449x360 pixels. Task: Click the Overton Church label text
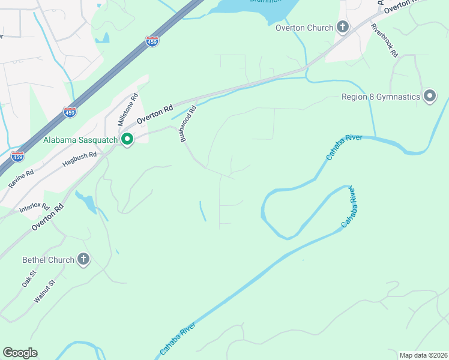pos(304,27)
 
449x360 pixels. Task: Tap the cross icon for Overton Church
pos(343,27)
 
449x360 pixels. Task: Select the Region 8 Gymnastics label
pos(381,97)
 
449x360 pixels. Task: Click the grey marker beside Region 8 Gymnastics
pos(430,97)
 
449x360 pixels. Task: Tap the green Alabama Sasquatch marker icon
pos(127,140)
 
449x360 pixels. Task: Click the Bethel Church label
pos(48,260)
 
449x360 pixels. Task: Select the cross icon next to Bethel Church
pos(83,260)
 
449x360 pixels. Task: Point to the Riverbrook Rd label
pos(384,40)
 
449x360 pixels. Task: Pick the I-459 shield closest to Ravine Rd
pos(18,157)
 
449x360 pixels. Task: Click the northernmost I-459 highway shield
pos(152,43)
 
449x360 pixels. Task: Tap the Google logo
pos(20,353)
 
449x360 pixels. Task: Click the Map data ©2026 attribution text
pos(423,355)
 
